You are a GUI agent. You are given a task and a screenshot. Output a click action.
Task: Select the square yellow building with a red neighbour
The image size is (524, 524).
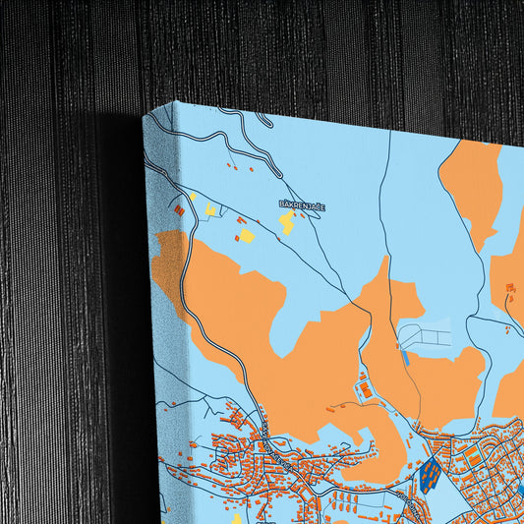point(246,236)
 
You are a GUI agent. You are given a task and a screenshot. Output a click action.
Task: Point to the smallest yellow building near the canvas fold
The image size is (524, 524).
point(193,197)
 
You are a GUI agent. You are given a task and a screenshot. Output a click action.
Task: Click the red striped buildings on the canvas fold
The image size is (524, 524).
point(179,209)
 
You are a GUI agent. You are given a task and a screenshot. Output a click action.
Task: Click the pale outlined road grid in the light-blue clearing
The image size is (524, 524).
point(425,336)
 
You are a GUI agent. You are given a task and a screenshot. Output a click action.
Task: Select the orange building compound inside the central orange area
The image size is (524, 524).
point(366,390)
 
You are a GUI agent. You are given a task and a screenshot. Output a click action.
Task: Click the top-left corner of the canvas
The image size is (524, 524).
point(144,114)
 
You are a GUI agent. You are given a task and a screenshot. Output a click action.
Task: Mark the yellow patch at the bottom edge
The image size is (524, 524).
point(236,517)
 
